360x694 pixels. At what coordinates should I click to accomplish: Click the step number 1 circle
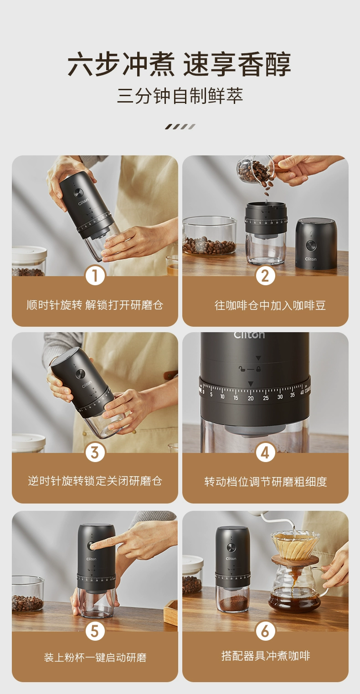95,275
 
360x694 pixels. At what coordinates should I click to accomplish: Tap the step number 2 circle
266,275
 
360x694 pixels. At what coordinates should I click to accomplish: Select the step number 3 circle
95,452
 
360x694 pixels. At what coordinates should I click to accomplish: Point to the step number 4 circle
266,452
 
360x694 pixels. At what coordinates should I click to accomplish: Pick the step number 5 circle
95,631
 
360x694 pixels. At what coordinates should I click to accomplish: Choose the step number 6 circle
266,631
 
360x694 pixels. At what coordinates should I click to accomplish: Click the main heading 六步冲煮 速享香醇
180,64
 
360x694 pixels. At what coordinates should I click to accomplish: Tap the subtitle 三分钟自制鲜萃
180,96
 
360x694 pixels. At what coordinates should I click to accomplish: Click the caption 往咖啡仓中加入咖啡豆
270,305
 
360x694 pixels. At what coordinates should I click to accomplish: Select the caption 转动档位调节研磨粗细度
266,482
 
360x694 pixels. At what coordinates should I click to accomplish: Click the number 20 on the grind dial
251,398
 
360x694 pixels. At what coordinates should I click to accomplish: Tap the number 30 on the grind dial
280,397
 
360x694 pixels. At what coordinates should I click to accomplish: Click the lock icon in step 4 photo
258,369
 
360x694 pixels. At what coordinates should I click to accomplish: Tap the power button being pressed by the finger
92,546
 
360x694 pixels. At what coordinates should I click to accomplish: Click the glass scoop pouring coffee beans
256,170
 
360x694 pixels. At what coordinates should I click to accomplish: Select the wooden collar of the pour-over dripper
295,560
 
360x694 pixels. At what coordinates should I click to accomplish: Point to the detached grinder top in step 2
316,243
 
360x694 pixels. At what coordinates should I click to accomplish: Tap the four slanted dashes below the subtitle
180,126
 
